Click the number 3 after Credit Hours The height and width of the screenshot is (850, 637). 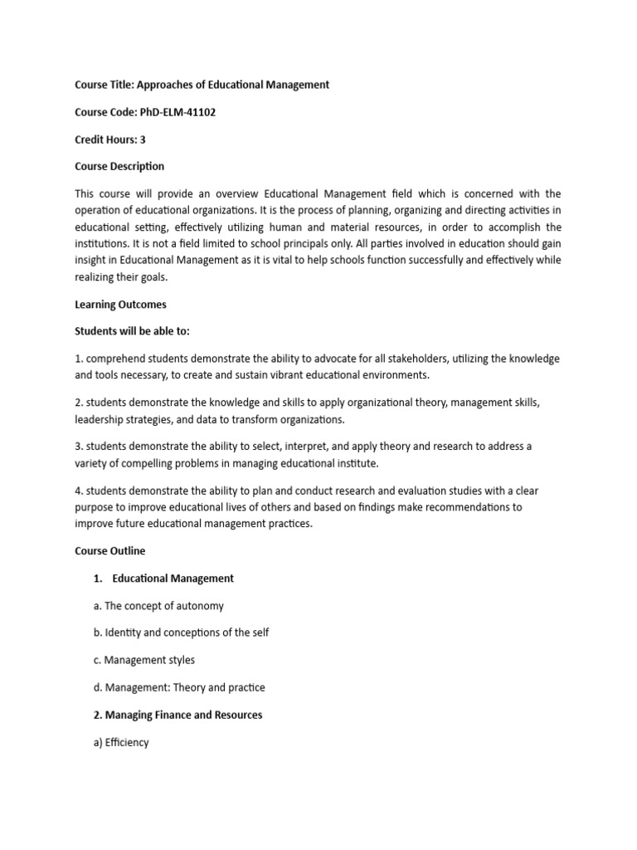click(x=143, y=139)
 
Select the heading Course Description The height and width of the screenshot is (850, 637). click(x=119, y=166)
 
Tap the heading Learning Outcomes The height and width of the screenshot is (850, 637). click(x=120, y=305)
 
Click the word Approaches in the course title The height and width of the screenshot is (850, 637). click(x=164, y=85)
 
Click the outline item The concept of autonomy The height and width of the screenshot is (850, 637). click(x=158, y=606)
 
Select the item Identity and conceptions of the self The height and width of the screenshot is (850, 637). click(x=181, y=633)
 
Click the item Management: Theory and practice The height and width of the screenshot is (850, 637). click(x=179, y=687)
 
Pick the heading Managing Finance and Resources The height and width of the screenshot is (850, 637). click(x=177, y=715)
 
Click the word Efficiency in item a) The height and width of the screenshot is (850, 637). click(x=127, y=742)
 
